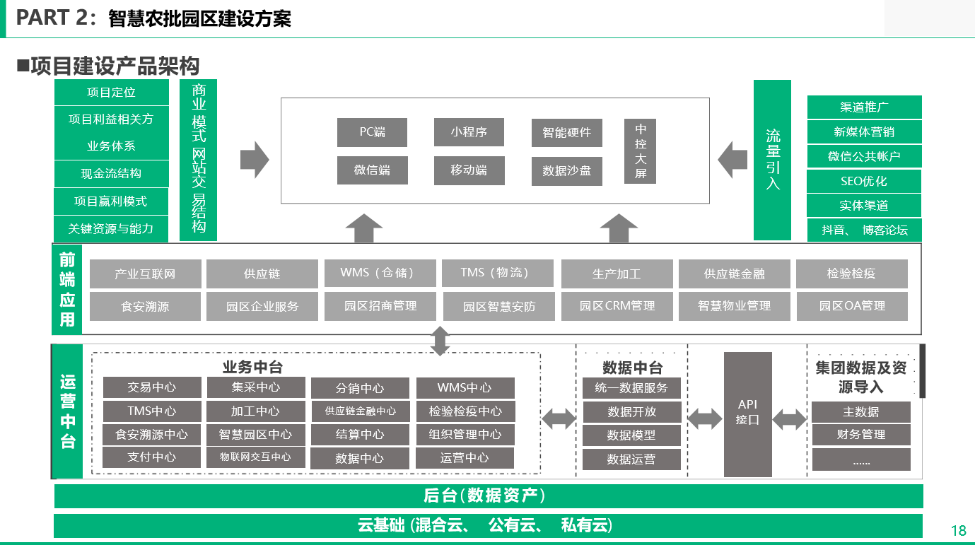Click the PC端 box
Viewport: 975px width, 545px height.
pyautogui.click(x=372, y=132)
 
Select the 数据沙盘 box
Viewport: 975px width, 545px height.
pyautogui.click(x=567, y=171)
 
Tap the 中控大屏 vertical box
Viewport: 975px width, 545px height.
pyautogui.click(x=640, y=151)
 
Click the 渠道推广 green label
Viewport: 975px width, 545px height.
pyautogui.click(x=865, y=107)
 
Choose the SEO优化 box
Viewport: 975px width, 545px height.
pyautogui.click(x=864, y=181)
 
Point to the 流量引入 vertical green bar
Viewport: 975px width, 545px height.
pyautogui.click(x=772, y=160)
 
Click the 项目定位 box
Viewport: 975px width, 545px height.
pyautogui.click(x=112, y=93)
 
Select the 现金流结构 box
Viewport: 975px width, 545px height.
pyautogui.click(x=112, y=174)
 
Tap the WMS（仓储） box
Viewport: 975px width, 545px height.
pyautogui.click(x=380, y=274)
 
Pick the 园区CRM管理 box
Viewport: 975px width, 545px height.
pyautogui.click(x=617, y=306)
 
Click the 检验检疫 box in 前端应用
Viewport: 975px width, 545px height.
pyautogui.click(x=852, y=274)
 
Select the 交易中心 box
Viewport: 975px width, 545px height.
pyautogui.click(x=152, y=387)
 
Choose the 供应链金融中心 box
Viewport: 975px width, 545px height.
pyautogui.click(x=361, y=411)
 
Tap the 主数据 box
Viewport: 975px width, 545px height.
pyautogui.click(x=861, y=412)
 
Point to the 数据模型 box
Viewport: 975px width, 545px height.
pyautogui.click(x=631, y=435)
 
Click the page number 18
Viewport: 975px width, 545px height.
pyautogui.click(x=959, y=531)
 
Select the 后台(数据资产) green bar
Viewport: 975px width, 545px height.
pyautogui.click(x=489, y=496)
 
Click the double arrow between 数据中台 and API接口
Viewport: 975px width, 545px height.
pyautogui.click(x=705, y=418)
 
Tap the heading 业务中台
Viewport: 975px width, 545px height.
pyautogui.click(x=252, y=367)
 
